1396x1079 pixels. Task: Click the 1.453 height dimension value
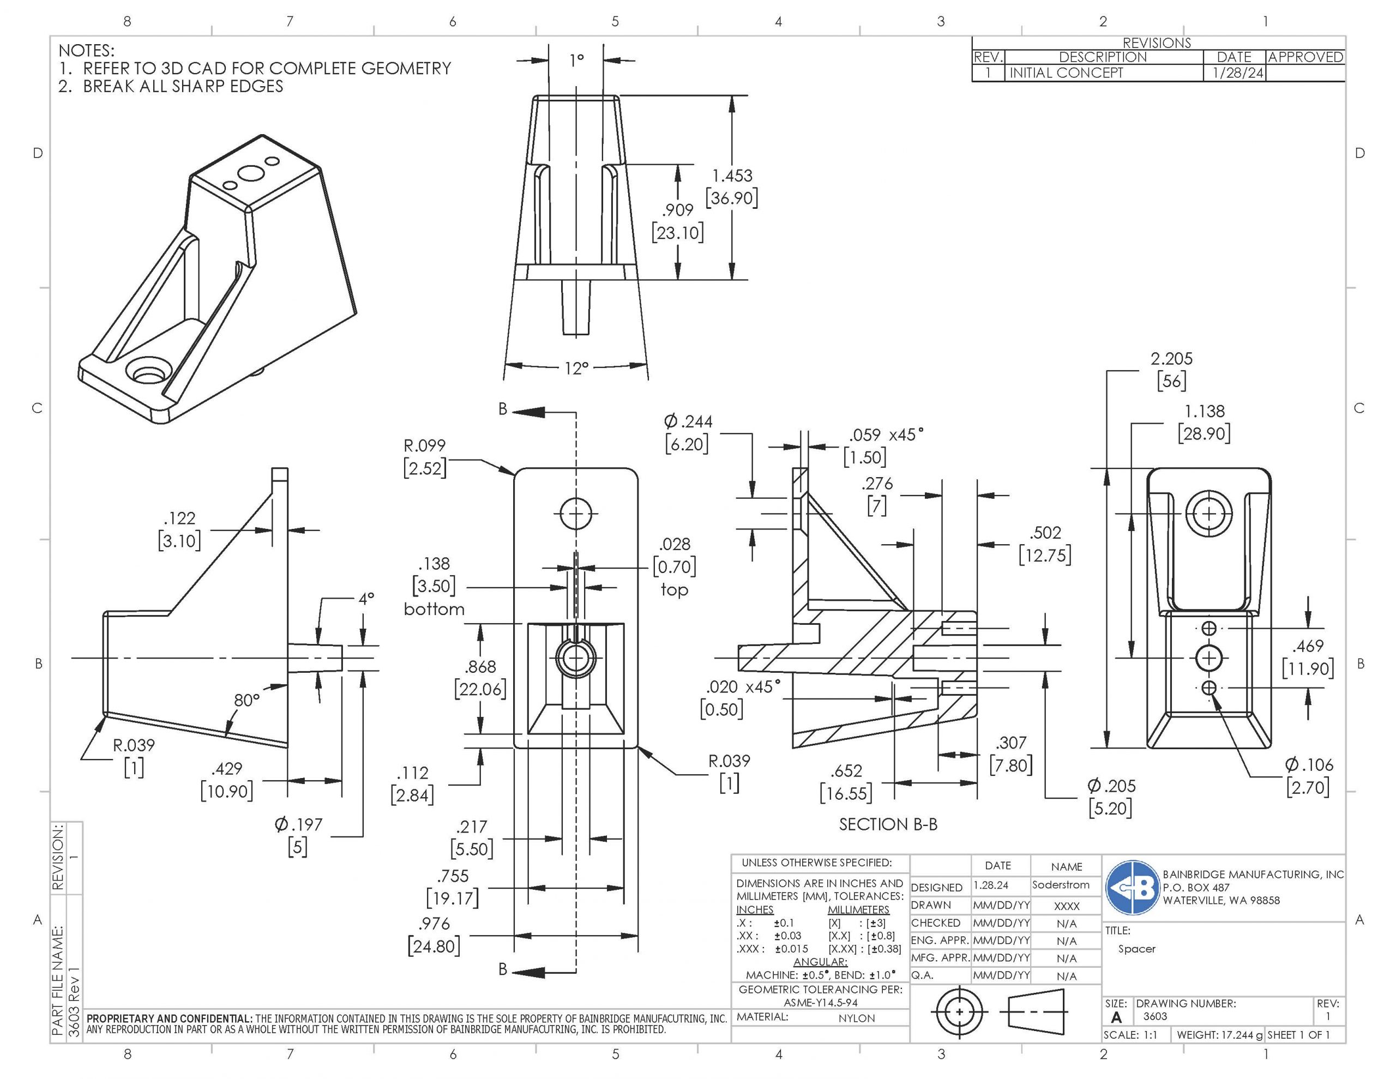click(x=732, y=176)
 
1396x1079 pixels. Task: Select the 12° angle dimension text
click(x=575, y=368)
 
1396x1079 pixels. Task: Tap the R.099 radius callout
click(x=424, y=445)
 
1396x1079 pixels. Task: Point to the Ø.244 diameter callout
click(x=688, y=422)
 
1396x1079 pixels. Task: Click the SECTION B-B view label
click(x=888, y=824)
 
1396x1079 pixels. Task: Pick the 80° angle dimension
click(x=246, y=700)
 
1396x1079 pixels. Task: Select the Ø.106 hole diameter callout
click(x=1308, y=764)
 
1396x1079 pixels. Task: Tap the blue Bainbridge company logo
click(x=1133, y=887)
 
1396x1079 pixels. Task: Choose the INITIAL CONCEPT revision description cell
click(x=1066, y=73)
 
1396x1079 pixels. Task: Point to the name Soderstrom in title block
click(x=1061, y=885)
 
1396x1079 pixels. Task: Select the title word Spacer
click(x=1136, y=949)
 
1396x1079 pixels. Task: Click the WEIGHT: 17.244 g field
click(x=1219, y=1035)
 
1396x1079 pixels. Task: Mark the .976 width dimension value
click(x=434, y=924)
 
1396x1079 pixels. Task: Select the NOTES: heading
click(x=86, y=51)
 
